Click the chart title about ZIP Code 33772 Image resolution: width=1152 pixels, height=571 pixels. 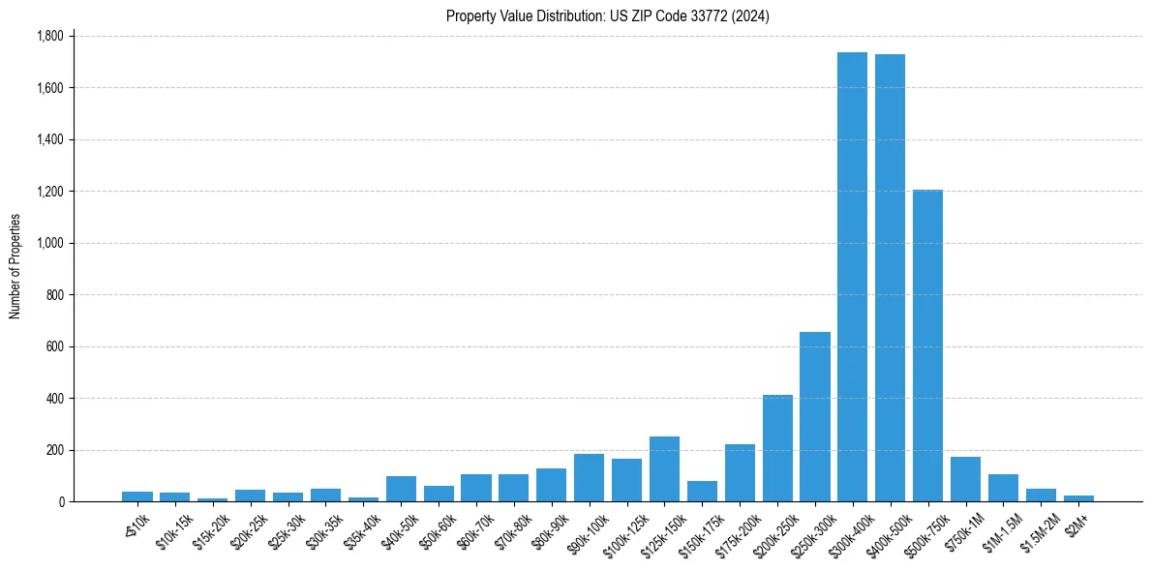(x=607, y=15)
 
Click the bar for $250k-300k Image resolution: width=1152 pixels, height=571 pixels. (x=814, y=417)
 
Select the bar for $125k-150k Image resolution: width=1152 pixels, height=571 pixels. (x=664, y=469)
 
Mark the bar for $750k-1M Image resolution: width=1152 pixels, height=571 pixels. (x=965, y=479)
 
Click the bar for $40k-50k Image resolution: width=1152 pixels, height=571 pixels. (x=401, y=489)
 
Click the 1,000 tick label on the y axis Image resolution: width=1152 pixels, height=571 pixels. (x=49, y=243)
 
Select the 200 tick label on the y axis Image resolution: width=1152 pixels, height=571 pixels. (x=54, y=450)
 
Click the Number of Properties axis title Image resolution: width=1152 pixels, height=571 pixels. (x=15, y=267)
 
